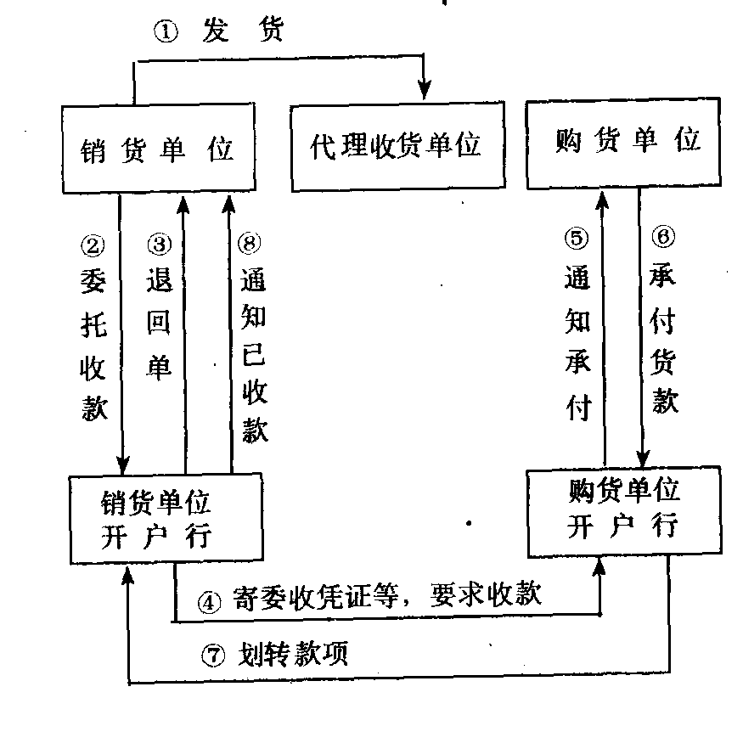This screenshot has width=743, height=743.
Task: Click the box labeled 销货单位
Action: (x=159, y=148)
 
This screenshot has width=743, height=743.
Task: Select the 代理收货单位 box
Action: (x=397, y=148)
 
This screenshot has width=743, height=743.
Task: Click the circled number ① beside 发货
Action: (x=165, y=32)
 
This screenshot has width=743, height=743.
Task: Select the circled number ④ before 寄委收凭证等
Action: (x=209, y=601)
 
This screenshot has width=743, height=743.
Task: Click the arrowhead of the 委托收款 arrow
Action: (x=124, y=464)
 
